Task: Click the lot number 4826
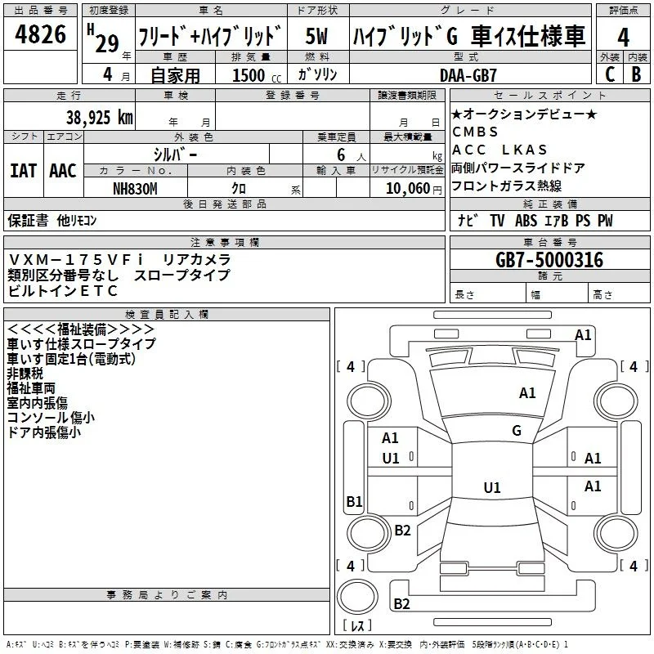point(40,34)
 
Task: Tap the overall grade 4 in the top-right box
point(623,37)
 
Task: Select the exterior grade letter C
point(610,74)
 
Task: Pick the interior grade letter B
point(636,74)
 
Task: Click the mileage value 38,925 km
point(100,117)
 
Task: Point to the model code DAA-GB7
point(468,75)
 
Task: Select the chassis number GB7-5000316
point(549,260)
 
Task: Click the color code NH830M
point(135,189)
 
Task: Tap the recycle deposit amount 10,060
point(407,189)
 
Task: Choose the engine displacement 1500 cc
point(257,75)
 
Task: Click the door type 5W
point(316,36)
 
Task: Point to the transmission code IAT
point(24,171)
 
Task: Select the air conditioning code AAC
point(63,171)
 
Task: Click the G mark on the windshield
point(517,430)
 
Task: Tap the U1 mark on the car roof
point(492,487)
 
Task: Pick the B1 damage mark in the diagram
point(355,501)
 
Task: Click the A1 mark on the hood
point(527,392)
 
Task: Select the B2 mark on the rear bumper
point(401,603)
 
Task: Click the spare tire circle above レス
point(357,597)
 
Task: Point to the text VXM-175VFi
point(75,260)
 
